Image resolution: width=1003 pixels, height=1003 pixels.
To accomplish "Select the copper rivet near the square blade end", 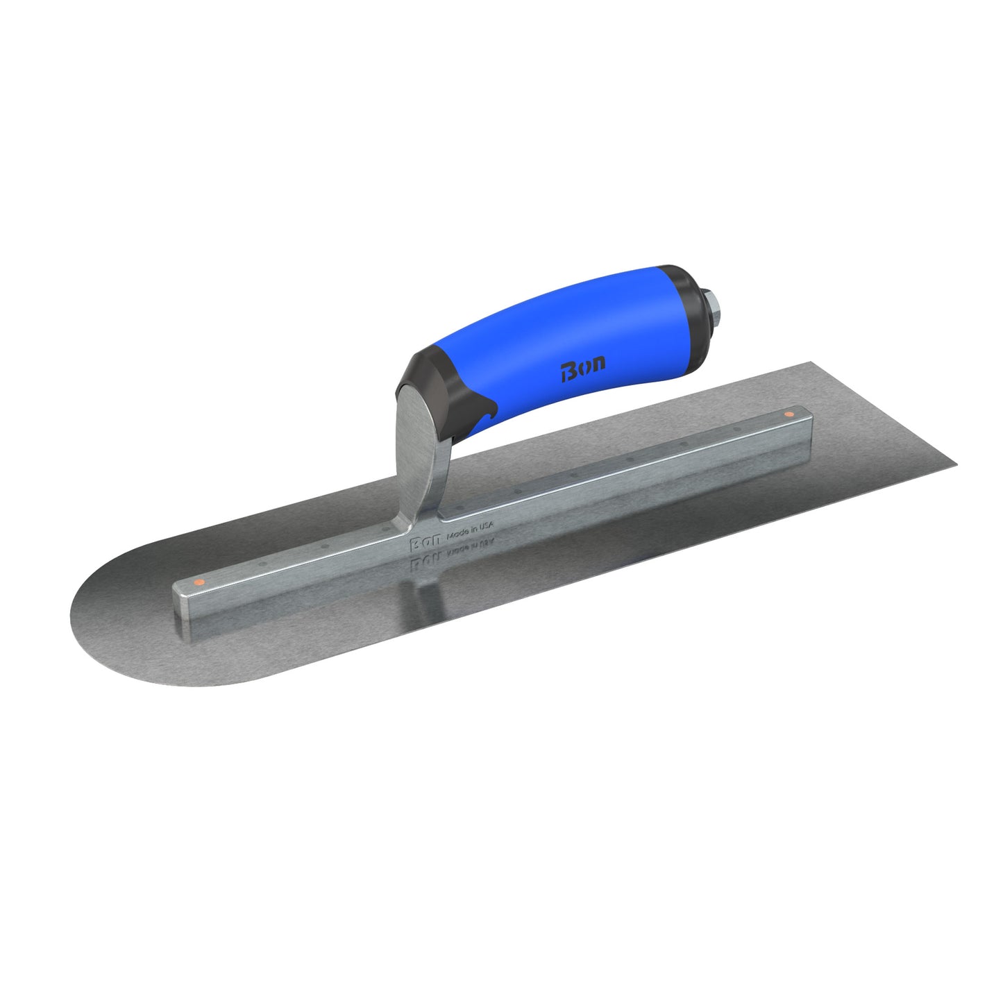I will click(x=788, y=414).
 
